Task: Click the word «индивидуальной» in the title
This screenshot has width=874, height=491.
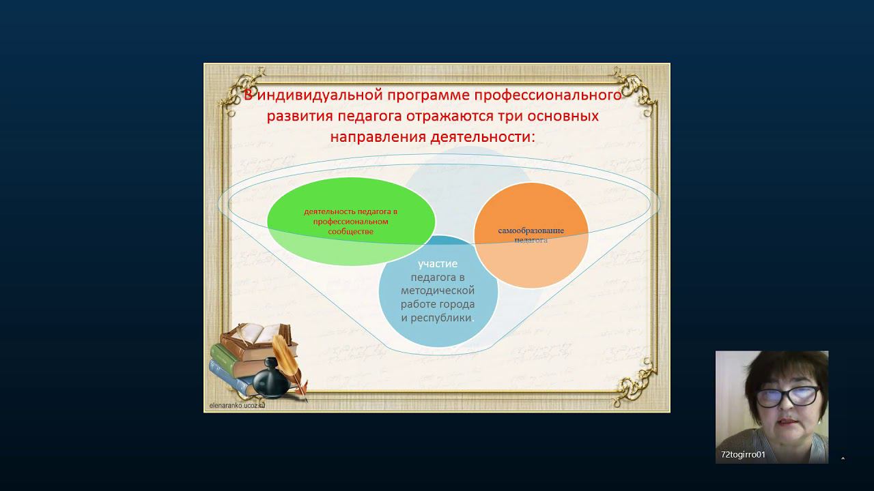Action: [x=320, y=95]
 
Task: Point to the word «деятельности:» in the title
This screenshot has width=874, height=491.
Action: [x=483, y=137]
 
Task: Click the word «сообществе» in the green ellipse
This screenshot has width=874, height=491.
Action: [x=350, y=231]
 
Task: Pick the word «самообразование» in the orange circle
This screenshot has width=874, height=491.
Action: [x=531, y=230]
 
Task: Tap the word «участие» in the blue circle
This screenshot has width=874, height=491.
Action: [x=438, y=264]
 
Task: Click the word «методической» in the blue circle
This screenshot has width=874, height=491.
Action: [x=438, y=291]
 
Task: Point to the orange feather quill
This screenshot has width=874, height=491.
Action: [x=289, y=364]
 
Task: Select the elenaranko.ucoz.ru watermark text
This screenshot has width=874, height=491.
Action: [x=237, y=405]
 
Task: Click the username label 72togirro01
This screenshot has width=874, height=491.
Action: [x=743, y=454]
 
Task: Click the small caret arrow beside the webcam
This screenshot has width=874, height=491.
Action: [x=843, y=459]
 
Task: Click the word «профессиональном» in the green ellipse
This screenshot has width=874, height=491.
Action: [x=350, y=222]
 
